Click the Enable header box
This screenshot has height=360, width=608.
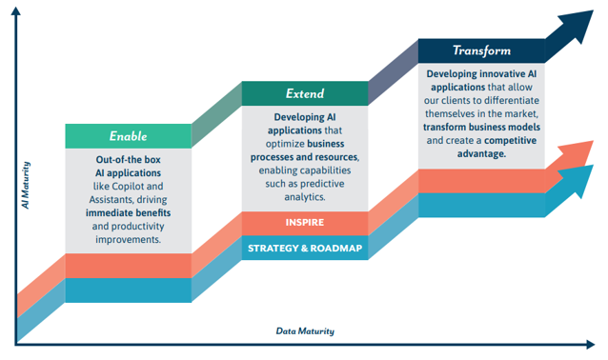click(x=128, y=136)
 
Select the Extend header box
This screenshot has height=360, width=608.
click(x=304, y=93)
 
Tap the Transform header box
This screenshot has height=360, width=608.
click(x=481, y=50)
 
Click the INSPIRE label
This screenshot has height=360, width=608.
click(x=304, y=223)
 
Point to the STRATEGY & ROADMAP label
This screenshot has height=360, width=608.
click(x=304, y=248)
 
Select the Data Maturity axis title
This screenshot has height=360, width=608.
click(x=305, y=331)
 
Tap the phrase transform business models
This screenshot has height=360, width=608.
click(x=482, y=127)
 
